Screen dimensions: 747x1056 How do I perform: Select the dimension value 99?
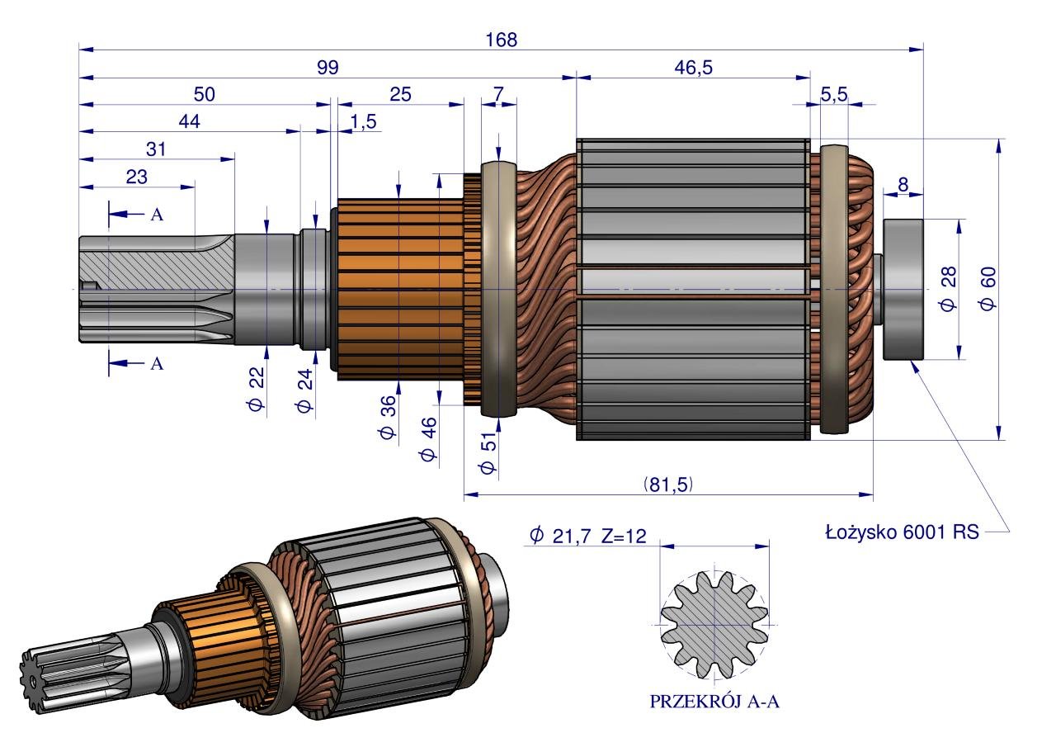click(x=328, y=68)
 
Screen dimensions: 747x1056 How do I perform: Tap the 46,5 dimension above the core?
click(x=693, y=68)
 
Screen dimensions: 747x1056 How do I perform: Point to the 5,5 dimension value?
click(x=834, y=95)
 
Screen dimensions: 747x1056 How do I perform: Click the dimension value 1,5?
click(x=363, y=122)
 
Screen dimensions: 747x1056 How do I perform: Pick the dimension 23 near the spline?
click(x=137, y=176)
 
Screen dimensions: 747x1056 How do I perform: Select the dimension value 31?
click(x=156, y=149)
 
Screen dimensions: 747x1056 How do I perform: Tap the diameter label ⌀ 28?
click(x=949, y=291)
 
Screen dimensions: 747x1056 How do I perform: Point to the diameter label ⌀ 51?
click(x=488, y=452)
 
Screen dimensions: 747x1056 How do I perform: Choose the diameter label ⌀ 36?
click(x=389, y=417)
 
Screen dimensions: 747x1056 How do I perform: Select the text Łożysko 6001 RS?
click(x=902, y=532)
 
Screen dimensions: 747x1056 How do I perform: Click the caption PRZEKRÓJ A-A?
click(x=714, y=702)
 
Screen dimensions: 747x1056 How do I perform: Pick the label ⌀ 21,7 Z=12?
click(x=587, y=537)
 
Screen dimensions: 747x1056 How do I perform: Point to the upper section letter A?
click(x=156, y=215)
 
